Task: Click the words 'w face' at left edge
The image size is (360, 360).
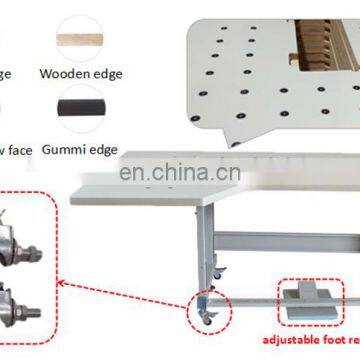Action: click(16, 150)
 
